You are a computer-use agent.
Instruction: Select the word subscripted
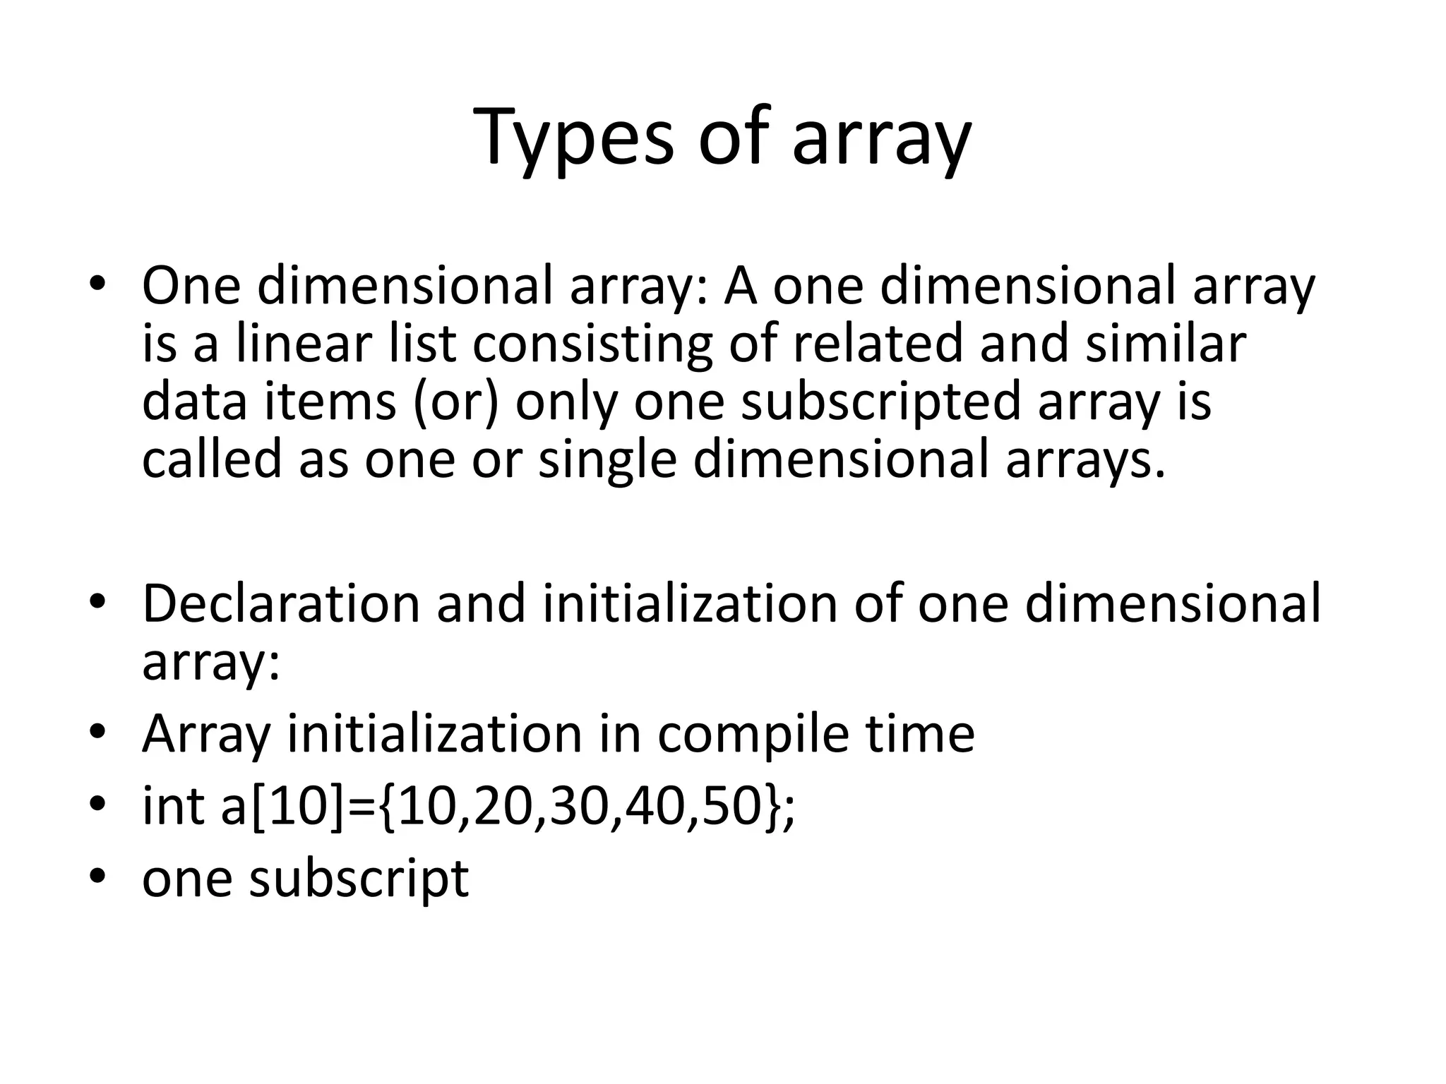coord(880,402)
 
